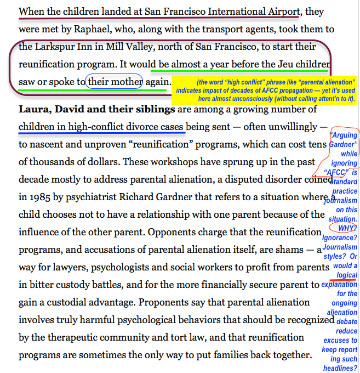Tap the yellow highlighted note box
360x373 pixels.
click(x=264, y=90)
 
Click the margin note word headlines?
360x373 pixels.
click(x=340, y=368)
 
